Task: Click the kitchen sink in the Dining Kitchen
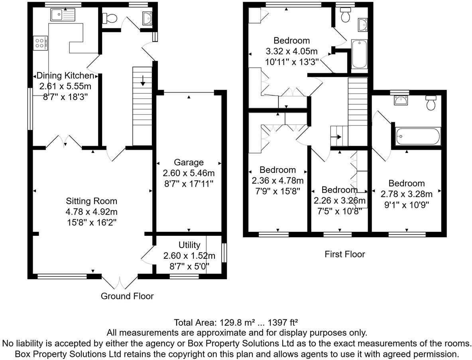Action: coord(63,14)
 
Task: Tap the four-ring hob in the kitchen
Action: coord(40,43)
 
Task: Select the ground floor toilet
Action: coord(110,18)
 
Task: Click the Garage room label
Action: coord(189,162)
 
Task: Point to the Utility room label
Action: coord(189,245)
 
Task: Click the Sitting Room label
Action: coord(92,201)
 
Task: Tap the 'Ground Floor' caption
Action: coord(127,296)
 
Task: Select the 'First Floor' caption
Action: coord(345,254)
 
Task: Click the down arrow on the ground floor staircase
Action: coord(142,80)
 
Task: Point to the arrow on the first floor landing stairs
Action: coord(336,137)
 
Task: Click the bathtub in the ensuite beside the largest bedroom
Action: coord(360,54)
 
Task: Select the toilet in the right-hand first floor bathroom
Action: coord(431,103)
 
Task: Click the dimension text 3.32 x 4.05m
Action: coord(291,51)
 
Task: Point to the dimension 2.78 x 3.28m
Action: coord(406,194)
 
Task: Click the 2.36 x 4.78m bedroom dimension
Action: coord(277,181)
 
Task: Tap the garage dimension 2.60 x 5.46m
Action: coord(189,173)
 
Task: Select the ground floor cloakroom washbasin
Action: coord(147,18)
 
